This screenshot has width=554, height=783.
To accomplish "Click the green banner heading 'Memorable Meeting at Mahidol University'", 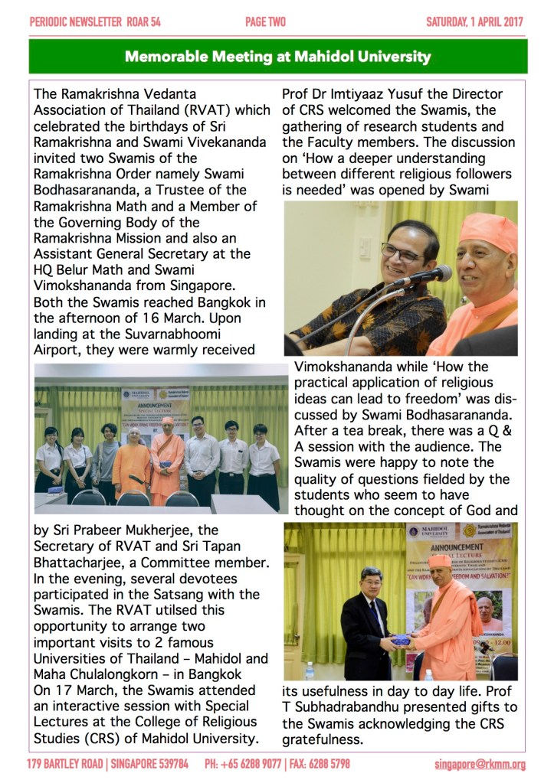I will point(277,57).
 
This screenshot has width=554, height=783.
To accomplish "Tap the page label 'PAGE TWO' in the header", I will point(265,22).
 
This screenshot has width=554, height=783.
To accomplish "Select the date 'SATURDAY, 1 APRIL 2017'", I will point(475,22).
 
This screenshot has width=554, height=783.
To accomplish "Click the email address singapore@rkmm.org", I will point(480,764).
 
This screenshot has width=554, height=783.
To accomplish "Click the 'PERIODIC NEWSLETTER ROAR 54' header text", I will point(95,22).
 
